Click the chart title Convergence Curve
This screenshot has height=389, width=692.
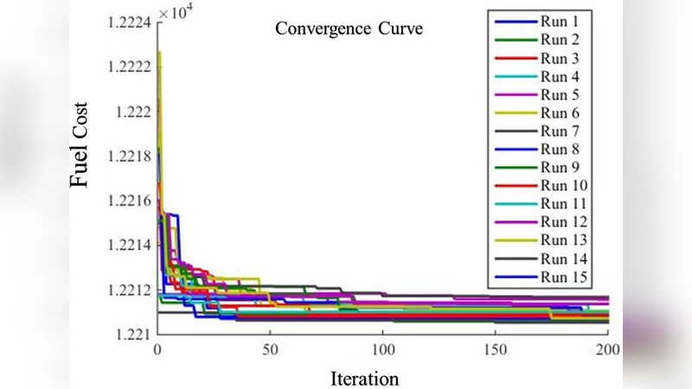[x=349, y=29]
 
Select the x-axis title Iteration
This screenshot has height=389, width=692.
[x=365, y=379]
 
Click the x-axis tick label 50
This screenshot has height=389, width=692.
[x=270, y=350]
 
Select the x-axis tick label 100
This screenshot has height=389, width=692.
[x=382, y=350]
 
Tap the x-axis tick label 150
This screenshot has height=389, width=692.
[x=496, y=350]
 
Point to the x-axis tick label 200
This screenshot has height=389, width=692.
[x=607, y=350]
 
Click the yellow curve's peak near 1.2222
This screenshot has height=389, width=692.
[x=159, y=54]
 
